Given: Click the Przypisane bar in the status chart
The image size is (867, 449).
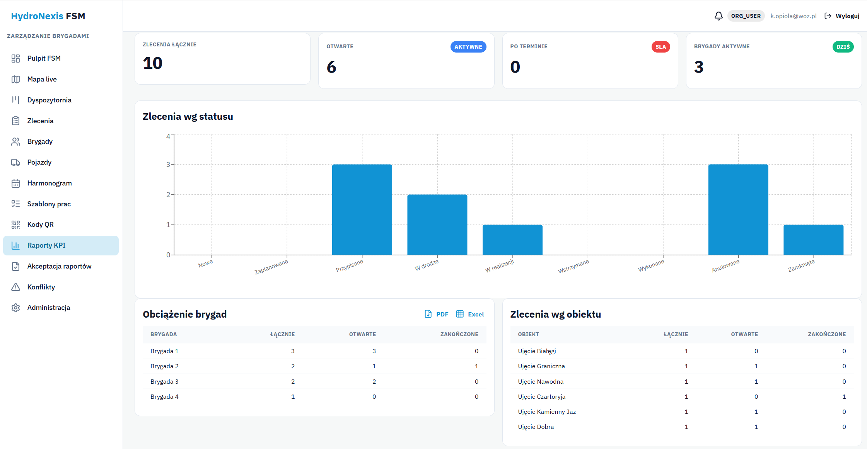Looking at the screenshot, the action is point(362,209).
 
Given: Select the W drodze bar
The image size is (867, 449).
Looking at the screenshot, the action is point(437,224).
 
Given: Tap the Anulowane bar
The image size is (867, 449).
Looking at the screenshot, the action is point(738,209).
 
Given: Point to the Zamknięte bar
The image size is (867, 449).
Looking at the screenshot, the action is point(813,240).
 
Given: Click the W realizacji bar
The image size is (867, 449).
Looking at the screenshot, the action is point(512,240).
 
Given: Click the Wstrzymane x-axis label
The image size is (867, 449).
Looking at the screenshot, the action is point(573,266).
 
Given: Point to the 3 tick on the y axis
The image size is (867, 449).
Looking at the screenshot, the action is point(168,165).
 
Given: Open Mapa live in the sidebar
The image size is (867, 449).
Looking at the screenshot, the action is point(42,79).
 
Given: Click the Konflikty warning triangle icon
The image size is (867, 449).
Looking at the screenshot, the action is point(15,287).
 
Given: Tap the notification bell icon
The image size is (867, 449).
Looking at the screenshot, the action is point(719,16).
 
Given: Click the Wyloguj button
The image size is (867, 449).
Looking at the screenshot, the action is point(842,16).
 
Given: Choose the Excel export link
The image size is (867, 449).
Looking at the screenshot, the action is point(470,314).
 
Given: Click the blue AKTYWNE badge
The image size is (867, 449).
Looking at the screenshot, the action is point(468,47).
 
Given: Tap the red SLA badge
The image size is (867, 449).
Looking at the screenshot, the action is point(660,47).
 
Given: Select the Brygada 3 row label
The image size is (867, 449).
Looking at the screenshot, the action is point(164,381).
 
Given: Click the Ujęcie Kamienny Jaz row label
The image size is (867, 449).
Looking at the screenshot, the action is point(547,412).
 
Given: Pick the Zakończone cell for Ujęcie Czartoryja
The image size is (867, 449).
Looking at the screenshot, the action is point(844,397).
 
